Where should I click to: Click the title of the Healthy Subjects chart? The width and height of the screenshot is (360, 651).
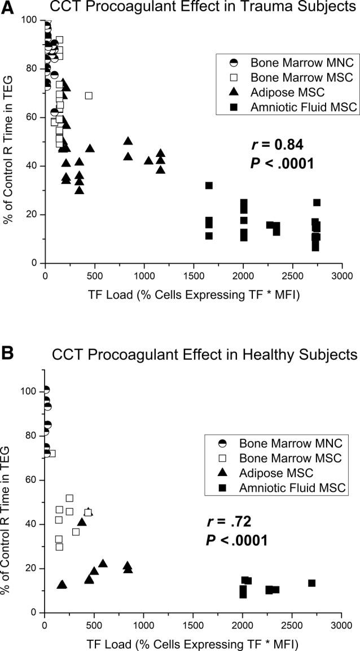coord(205,355)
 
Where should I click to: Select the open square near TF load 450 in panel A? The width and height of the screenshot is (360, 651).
coord(89,95)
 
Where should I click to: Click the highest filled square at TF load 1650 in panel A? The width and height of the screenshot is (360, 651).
coord(209,185)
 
